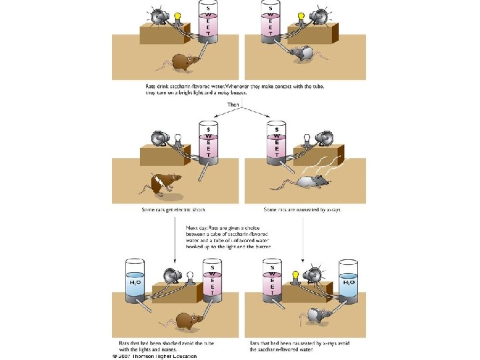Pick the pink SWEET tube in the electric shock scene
(209, 140)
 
